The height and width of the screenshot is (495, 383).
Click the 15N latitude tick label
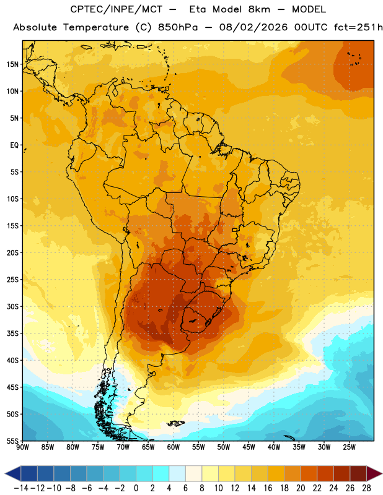click(12, 64)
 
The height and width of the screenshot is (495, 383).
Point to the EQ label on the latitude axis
click(14, 145)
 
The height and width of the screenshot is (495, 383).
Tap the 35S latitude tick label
click(12, 334)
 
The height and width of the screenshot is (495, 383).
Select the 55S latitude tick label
click(12, 441)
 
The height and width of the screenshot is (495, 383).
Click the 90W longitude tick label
click(22, 447)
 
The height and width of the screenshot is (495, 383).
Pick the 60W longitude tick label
click(174, 447)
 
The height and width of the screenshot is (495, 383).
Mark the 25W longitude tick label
click(349, 447)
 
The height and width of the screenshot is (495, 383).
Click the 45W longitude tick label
click(249, 447)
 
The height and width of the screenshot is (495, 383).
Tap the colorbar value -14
click(21, 488)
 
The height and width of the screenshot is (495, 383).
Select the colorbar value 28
click(366, 488)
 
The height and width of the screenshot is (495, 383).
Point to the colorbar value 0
click(136, 488)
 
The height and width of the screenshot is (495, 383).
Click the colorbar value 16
click(268, 488)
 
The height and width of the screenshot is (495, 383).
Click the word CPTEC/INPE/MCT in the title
click(116, 9)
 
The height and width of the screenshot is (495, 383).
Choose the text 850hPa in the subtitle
click(177, 27)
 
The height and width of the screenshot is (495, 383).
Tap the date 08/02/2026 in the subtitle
click(253, 27)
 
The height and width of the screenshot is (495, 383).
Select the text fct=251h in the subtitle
click(358, 27)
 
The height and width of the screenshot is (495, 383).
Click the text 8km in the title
click(259, 9)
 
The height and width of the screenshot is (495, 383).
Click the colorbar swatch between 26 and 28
click(358, 473)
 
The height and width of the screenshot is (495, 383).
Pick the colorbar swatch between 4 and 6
click(177, 473)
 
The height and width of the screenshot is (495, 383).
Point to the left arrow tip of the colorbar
click(5, 473)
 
